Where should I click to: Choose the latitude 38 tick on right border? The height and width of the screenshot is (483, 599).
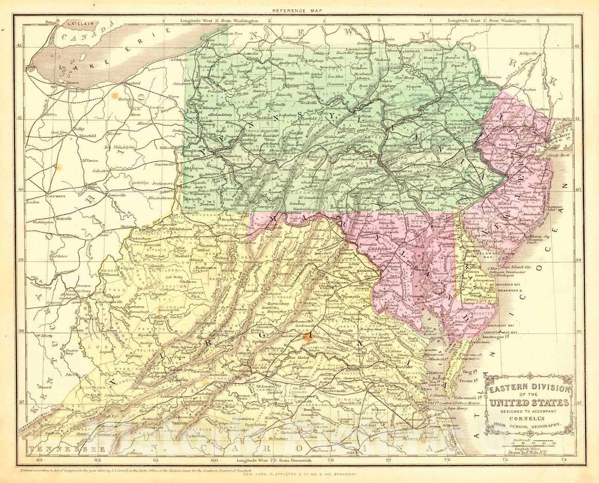point(577,331)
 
